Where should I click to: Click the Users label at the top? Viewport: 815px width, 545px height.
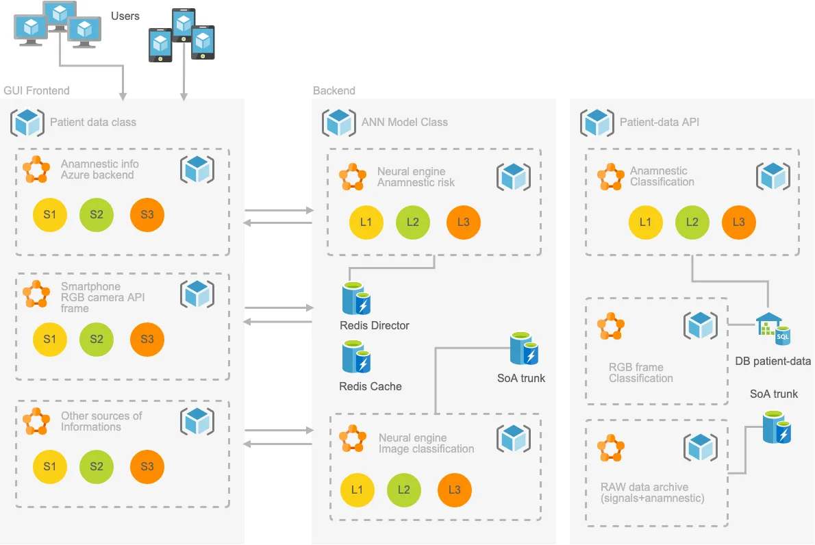(x=125, y=16)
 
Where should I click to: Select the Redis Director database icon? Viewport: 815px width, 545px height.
(x=356, y=299)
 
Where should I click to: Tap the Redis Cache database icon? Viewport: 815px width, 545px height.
(x=356, y=357)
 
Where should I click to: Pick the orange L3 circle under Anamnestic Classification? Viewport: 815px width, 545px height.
(x=738, y=223)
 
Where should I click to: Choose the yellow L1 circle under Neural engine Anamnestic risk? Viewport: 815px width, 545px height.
(x=366, y=223)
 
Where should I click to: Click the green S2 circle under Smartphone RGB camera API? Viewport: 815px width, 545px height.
(x=96, y=340)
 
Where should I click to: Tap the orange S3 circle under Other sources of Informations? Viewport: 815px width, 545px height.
(x=147, y=466)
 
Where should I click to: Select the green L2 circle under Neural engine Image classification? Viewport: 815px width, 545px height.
(x=404, y=490)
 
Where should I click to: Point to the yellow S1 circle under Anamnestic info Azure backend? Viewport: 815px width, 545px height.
(x=50, y=214)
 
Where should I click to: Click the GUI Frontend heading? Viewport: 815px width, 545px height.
(x=36, y=90)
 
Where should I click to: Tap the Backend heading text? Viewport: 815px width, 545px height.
(x=334, y=90)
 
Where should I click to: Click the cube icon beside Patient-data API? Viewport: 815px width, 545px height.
(x=597, y=123)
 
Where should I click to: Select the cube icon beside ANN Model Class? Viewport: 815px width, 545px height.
(x=339, y=123)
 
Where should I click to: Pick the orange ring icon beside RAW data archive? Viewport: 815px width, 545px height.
(x=610, y=448)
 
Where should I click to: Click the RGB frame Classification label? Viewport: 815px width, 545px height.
(x=641, y=372)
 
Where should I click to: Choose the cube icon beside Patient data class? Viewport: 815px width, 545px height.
(x=27, y=123)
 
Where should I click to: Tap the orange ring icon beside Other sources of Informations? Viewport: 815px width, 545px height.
(x=36, y=421)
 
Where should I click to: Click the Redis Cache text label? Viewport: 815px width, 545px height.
(x=370, y=387)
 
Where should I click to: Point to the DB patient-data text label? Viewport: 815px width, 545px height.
(x=773, y=361)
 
